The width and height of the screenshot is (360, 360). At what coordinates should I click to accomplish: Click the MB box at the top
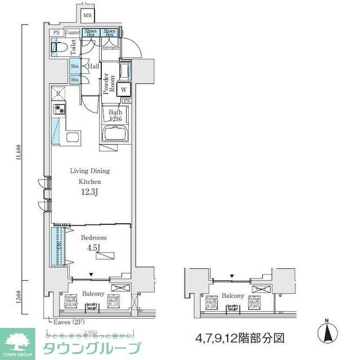point(87,15)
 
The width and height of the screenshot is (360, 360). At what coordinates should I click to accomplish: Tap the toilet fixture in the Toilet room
point(56,48)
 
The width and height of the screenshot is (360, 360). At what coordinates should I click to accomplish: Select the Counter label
point(73,33)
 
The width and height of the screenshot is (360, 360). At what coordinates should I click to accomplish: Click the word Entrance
point(110,48)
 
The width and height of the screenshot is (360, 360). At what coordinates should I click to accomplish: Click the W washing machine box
point(124,88)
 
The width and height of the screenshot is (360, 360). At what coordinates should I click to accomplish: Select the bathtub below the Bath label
point(116,135)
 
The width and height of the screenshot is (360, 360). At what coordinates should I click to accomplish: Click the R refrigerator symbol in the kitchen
point(58,93)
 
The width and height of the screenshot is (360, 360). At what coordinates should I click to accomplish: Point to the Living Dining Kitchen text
point(89,176)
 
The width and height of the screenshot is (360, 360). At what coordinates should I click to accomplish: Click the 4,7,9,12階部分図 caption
point(240,339)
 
